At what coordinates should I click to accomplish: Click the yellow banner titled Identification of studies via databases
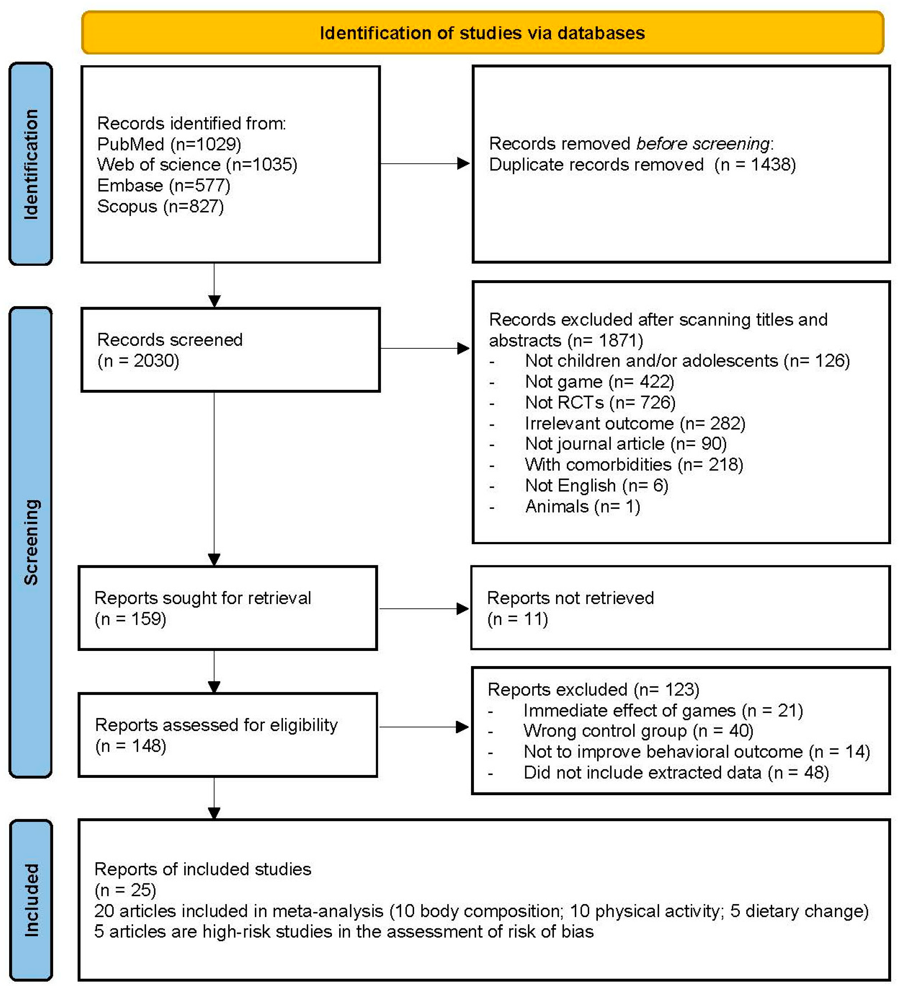482,33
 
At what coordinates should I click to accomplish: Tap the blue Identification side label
31,164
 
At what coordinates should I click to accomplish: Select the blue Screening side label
31,542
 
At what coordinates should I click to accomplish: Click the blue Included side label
31,900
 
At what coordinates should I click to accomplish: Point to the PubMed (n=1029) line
169,144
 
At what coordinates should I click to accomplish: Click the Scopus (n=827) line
160,206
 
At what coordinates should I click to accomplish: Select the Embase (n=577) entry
163,185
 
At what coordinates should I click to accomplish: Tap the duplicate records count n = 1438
755,164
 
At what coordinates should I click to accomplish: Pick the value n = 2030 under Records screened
139,361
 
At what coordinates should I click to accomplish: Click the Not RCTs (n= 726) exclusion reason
600,402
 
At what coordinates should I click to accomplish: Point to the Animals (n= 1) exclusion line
582,506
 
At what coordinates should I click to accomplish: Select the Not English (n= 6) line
596,486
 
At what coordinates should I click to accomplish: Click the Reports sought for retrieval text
203,598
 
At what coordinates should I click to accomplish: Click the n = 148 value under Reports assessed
131,746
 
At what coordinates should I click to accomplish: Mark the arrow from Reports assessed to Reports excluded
424,727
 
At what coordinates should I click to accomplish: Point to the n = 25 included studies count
126,890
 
